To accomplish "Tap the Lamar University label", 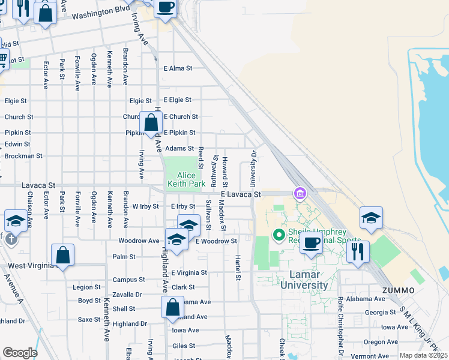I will coord(303,278).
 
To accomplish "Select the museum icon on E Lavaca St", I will coord(299,193).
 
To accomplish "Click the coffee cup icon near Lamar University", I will coord(311,243).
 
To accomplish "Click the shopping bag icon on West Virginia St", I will coord(63,256).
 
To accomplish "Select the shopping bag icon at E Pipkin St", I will coord(151,123).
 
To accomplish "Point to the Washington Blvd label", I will coord(100,13).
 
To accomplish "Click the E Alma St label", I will coord(178,68).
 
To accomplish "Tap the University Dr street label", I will coord(253,168).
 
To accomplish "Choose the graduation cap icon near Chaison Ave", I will coord(15,221).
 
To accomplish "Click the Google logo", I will coord(20,353).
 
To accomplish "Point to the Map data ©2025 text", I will coord(424,355).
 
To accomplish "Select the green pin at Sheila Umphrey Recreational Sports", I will coord(279,234).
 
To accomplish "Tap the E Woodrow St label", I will coord(216,241).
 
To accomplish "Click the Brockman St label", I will coord(23,155).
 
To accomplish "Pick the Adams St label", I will coord(179,148).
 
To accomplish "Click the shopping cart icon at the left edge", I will coord(2,59).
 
